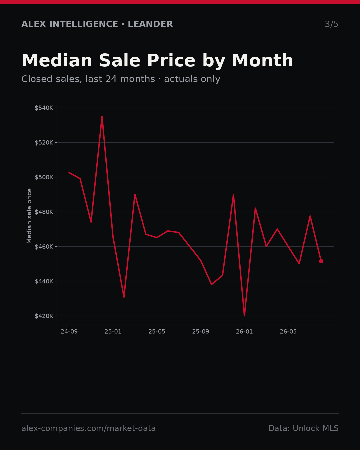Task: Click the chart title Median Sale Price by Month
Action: coord(157,61)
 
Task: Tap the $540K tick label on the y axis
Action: coord(44,108)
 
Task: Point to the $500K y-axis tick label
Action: coord(44,177)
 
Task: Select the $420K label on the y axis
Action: coord(44,316)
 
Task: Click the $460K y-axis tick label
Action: coord(44,247)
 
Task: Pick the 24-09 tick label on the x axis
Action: coord(69,332)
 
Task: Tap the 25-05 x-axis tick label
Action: coord(157,332)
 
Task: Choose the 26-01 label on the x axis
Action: coord(244,332)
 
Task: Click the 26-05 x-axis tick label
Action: coord(288,332)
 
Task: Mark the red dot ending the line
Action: coord(321,261)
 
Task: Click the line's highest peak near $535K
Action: coord(102,116)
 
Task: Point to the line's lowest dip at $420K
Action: coord(244,316)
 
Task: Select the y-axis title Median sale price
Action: coord(29,216)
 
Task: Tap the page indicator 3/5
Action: coord(332,24)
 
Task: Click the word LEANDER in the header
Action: coord(150,24)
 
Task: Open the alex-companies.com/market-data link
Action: coord(89,428)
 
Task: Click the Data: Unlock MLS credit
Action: coord(304,428)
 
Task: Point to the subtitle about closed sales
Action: coord(121,79)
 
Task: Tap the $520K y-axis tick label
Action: coord(44,143)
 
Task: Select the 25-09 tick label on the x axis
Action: coord(201,332)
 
